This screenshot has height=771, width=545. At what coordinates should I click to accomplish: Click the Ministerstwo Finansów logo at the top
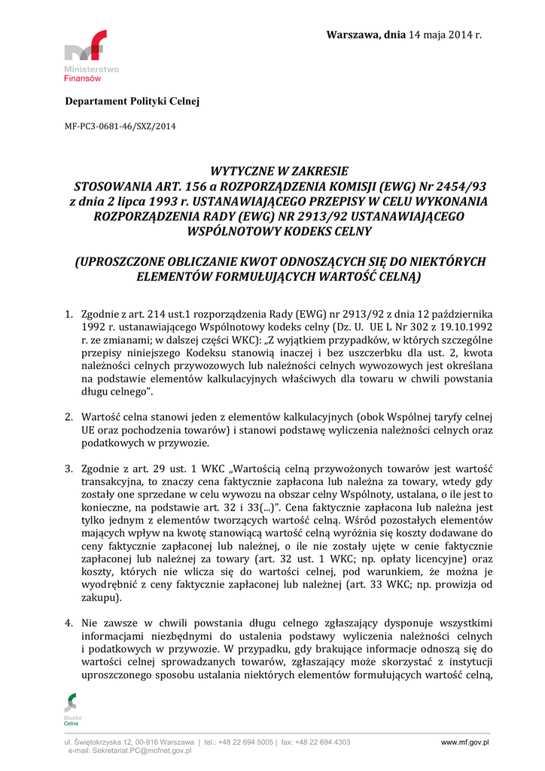(90, 56)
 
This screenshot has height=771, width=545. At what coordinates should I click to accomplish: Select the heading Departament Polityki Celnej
(132, 101)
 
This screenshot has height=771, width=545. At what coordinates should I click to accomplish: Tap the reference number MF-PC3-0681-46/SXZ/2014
(120, 126)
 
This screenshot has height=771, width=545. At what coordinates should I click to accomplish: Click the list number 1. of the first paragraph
(68, 313)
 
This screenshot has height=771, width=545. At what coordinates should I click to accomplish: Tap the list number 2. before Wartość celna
(68, 416)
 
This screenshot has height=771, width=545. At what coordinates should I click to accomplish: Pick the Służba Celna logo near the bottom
(72, 710)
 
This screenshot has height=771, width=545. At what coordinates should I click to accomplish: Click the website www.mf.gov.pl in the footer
(464, 742)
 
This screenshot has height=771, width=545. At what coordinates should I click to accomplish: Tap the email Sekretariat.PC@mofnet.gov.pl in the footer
(141, 751)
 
